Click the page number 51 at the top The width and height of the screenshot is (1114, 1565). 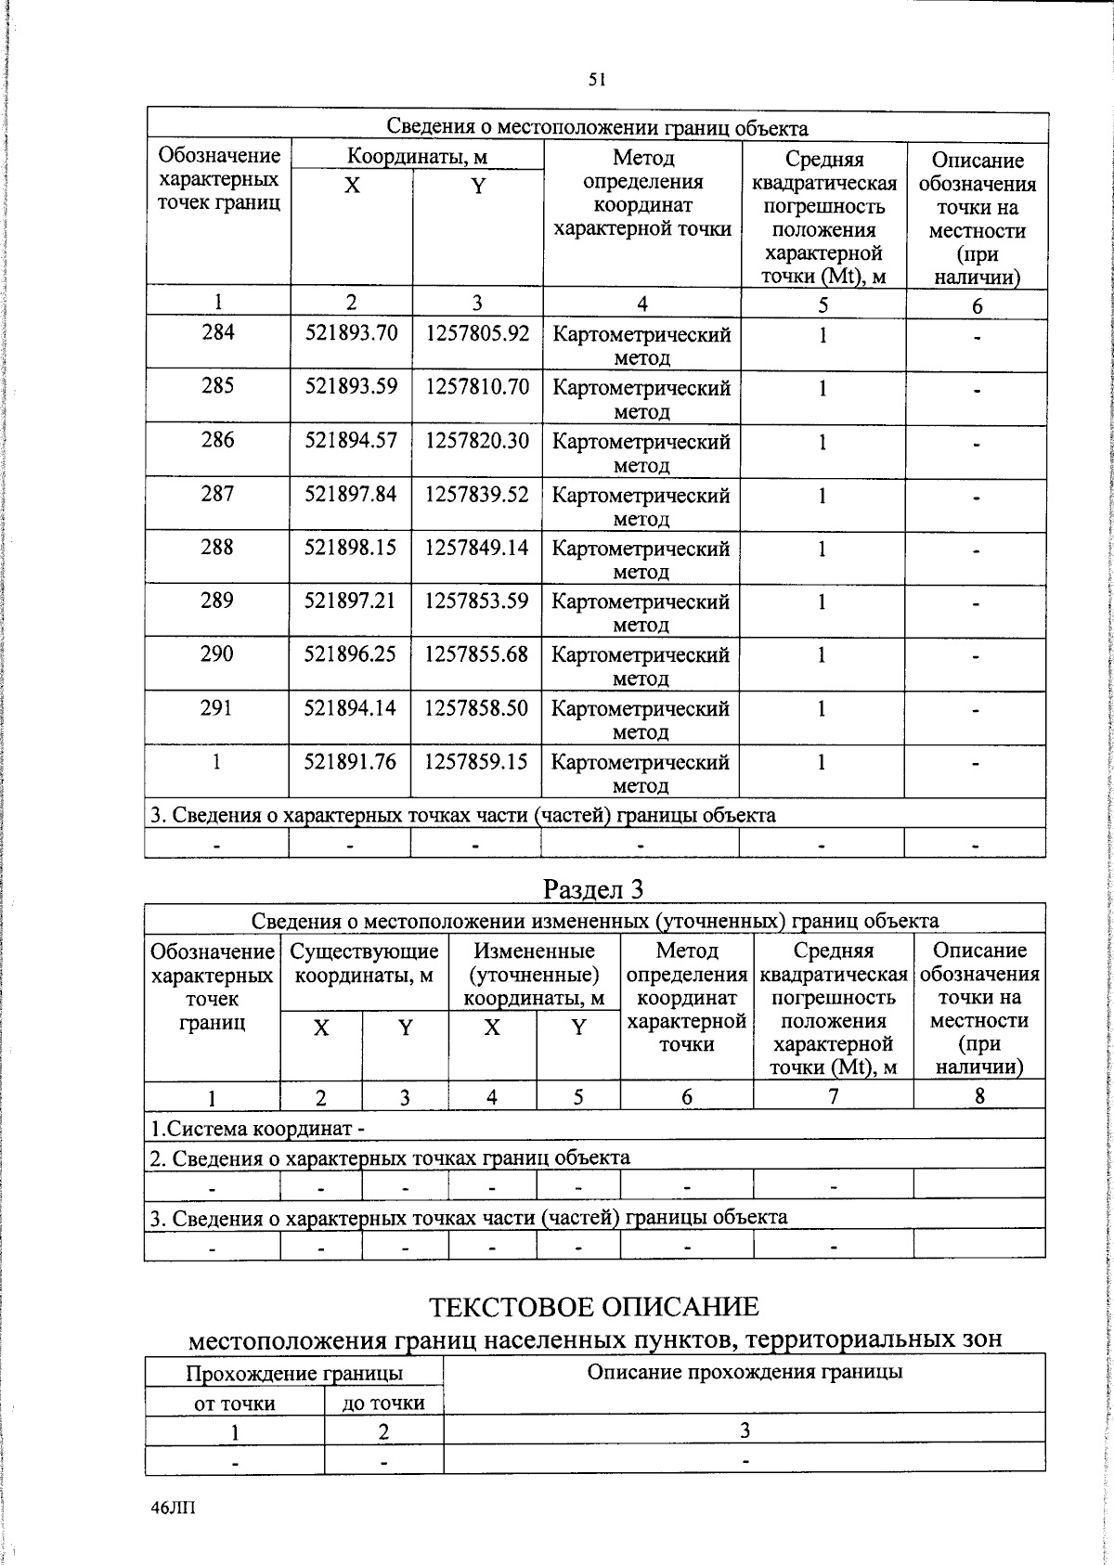597,80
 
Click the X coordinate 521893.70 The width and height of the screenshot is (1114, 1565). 351,332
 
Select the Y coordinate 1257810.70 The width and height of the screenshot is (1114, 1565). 477,386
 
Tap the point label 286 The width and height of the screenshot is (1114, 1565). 218,440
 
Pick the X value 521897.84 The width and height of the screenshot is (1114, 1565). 351,494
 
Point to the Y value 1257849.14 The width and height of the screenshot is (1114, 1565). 477,548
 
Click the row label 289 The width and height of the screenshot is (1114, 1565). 217,601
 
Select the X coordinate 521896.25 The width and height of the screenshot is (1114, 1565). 351,654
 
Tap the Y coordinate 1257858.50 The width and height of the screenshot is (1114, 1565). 477,708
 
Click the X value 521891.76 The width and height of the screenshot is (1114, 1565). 351,762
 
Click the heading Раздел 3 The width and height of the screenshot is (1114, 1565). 593,889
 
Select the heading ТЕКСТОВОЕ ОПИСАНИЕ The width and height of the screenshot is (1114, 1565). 594,1307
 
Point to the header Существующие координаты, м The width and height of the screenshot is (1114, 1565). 364,964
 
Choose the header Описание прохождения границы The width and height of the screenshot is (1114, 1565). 745,1372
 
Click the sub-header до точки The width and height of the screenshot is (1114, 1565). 383,1403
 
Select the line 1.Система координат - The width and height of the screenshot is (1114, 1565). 257,1129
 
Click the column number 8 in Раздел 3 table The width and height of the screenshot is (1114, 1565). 979,1096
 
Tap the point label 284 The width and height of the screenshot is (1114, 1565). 218,332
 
